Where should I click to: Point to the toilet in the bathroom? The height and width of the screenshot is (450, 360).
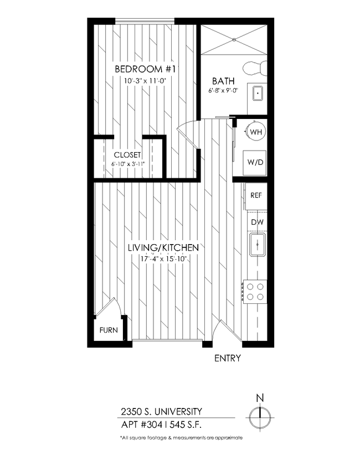coord(258,68)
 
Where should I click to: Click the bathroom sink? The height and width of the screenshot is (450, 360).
coord(258,93)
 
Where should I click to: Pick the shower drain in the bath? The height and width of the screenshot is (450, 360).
coord(233,40)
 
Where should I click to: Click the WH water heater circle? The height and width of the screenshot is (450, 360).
coord(256,132)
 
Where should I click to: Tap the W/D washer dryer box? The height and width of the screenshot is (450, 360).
coord(256,163)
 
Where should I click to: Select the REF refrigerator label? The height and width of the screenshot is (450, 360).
coord(256,195)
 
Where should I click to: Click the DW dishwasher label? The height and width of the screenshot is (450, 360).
coord(256,222)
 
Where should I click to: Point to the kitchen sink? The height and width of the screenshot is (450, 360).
coord(258,245)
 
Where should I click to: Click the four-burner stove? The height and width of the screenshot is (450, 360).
coord(255,291)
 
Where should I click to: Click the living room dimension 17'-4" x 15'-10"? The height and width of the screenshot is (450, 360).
coord(163,258)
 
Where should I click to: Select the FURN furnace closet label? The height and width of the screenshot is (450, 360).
coord(108,330)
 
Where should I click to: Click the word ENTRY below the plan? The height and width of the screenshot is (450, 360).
coord(227,358)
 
